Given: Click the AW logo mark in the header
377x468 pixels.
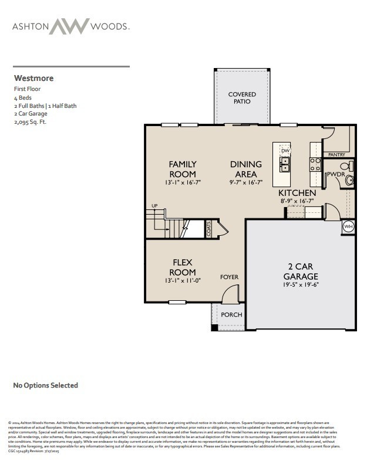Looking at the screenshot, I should click(69, 26).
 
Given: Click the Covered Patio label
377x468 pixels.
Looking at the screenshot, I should click(242, 97).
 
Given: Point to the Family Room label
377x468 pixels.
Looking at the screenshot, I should click(183, 168).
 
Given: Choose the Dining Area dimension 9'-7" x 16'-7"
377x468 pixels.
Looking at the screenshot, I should click(246, 182).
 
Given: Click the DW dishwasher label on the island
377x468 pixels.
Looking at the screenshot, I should click(285, 151).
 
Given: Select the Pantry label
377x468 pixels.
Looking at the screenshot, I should click(336, 155).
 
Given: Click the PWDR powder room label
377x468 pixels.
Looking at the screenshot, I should click(335, 174).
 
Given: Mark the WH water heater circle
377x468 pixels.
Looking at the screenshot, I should click(348, 226).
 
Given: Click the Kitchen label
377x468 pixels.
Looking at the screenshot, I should click(297, 193).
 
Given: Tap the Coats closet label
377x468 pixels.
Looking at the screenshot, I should click(209, 229).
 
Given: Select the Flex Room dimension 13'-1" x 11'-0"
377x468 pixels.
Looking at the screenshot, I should click(183, 281).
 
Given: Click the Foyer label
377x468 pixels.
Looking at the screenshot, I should click(228, 277).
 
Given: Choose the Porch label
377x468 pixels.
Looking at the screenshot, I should click(231, 315).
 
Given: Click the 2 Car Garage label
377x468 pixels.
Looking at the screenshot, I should click(301, 272).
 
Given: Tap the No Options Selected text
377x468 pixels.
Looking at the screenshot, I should click(45, 385).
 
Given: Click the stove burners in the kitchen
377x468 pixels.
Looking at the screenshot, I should click(315, 164).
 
